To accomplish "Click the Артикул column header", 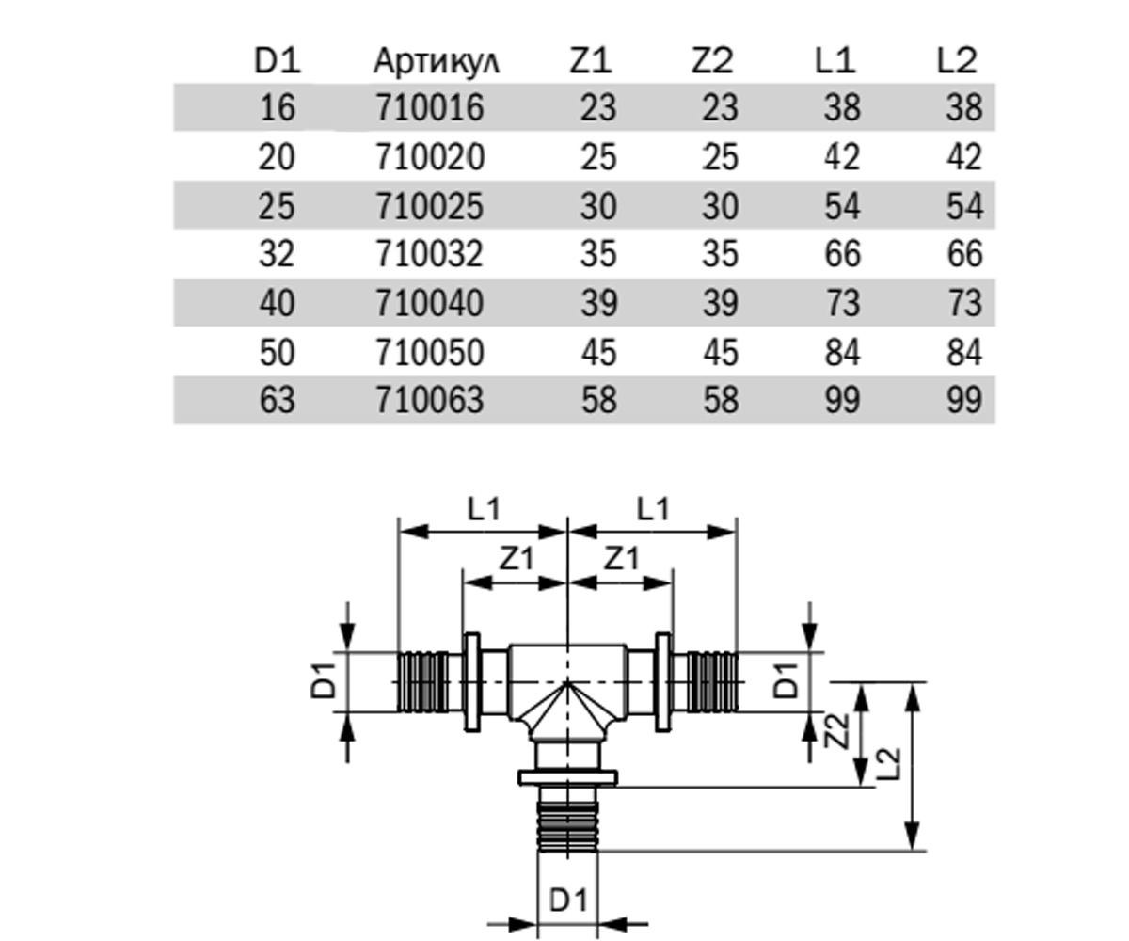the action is pyautogui.click(x=437, y=62).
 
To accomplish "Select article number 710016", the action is pyautogui.click(x=430, y=107).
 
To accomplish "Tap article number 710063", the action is pyautogui.click(x=430, y=400).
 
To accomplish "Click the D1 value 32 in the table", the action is pyautogui.click(x=277, y=254).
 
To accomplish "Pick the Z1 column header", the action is pyautogui.click(x=591, y=60).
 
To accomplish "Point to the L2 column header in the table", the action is pyautogui.click(x=957, y=60).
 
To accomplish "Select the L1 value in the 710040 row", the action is pyautogui.click(x=842, y=303).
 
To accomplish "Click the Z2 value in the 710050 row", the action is pyautogui.click(x=721, y=353).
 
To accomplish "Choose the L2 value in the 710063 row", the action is pyautogui.click(x=964, y=400).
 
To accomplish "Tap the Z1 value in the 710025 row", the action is pyautogui.click(x=598, y=206).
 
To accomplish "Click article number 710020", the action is pyautogui.click(x=430, y=157).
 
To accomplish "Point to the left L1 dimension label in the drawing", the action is pyautogui.click(x=484, y=509).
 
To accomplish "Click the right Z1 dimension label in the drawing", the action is pyautogui.click(x=621, y=559).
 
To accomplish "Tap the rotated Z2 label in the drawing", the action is pyautogui.click(x=836, y=731).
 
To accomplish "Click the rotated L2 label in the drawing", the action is pyautogui.click(x=888, y=763).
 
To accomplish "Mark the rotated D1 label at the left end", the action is pyautogui.click(x=324, y=682).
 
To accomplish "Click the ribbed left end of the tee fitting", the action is pyautogui.click(x=423, y=682).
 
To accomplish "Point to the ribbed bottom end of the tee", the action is pyautogui.click(x=567, y=824).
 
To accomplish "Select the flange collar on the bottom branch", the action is pyautogui.click(x=567, y=778).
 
